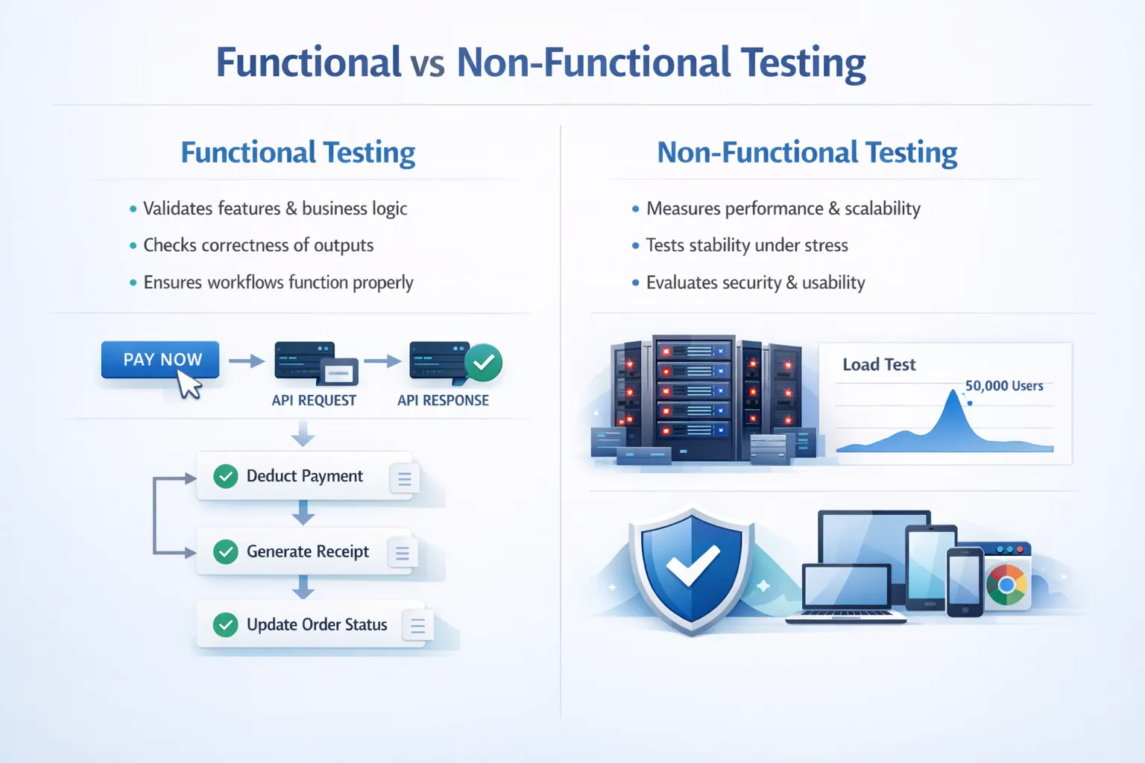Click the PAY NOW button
point(160,359)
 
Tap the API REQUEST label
point(314,400)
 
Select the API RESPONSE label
point(443,400)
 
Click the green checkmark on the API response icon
point(483,363)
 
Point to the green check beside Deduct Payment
point(225,476)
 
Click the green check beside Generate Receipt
point(225,551)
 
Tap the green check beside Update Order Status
point(225,624)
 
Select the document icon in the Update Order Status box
point(417,626)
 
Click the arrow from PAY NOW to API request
point(246,361)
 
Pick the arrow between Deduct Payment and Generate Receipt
point(303,513)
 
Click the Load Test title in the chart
point(879,364)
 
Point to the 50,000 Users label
point(1004,386)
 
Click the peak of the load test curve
point(953,393)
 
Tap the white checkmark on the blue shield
point(693,567)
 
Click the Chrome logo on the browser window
point(1006,585)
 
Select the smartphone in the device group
point(965,582)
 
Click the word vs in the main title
point(428,64)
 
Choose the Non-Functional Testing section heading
point(807,153)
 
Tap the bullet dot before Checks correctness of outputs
point(133,246)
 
